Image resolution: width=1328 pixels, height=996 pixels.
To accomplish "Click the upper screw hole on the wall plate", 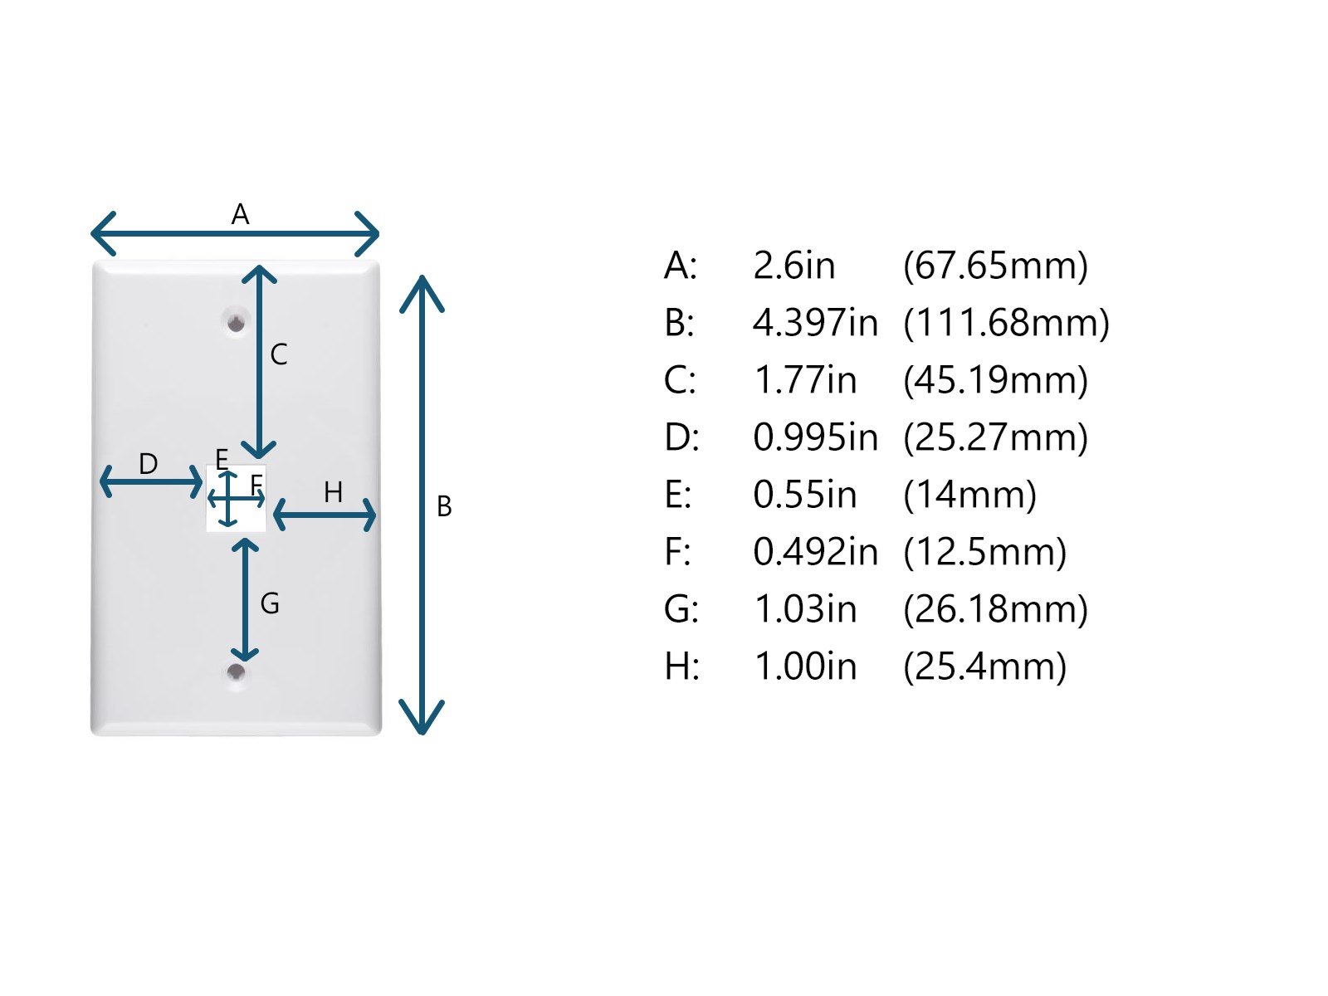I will pyautogui.click(x=237, y=322).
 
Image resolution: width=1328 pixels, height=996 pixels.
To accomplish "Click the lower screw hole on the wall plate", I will pyautogui.click(x=237, y=671).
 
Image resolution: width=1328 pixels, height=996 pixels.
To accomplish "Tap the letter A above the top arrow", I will pyautogui.click(x=240, y=215).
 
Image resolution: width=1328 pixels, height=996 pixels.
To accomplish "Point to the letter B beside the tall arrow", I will pyautogui.click(x=444, y=506).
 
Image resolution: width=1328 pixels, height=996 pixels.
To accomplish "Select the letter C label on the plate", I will pyautogui.click(x=279, y=355).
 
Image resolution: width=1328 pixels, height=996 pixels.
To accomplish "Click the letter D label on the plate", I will pyautogui.click(x=149, y=464).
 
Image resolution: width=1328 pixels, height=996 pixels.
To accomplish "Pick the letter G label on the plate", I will pyautogui.click(x=270, y=603).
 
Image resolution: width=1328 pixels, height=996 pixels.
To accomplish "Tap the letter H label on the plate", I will pyautogui.click(x=333, y=493).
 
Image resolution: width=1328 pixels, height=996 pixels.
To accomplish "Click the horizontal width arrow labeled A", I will pyautogui.click(x=235, y=234).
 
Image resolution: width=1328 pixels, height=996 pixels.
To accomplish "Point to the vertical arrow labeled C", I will pyautogui.click(x=260, y=362).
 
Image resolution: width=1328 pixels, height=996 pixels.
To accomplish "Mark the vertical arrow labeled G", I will pyautogui.click(x=245, y=599).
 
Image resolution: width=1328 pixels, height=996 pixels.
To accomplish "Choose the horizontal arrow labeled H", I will pyautogui.click(x=325, y=515).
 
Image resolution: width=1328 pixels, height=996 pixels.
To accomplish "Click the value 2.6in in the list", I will pyautogui.click(x=793, y=266).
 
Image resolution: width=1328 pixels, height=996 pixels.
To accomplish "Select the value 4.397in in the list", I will pyautogui.click(x=815, y=323).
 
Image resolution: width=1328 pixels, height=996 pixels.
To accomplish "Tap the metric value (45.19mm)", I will pyautogui.click(x=995, y=380).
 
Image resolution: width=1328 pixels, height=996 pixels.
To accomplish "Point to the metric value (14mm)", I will pyautogui.click(x=969, y=495).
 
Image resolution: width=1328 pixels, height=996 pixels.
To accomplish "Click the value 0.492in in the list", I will pyautogui.click(x=815, y=552).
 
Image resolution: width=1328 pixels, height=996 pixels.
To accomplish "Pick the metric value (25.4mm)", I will pyautogui.click(x=984, y=666).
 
